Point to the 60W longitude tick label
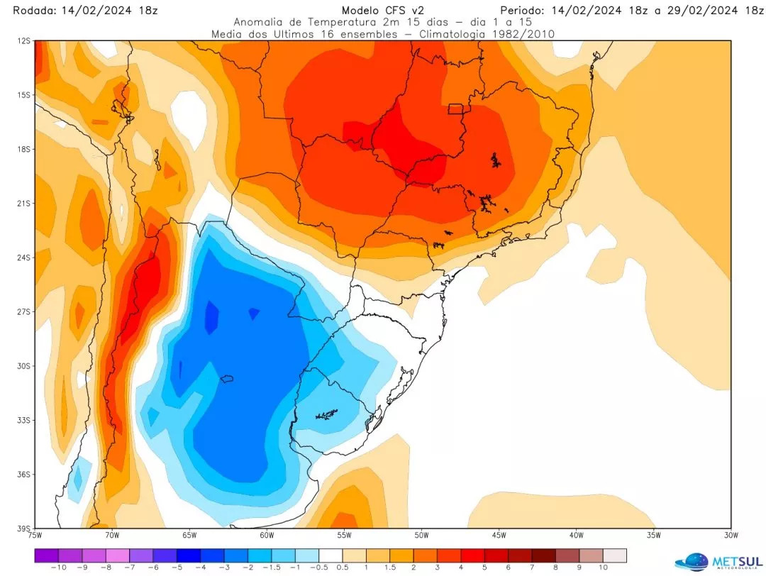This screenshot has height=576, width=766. pyautogui.click(x=266, y=535)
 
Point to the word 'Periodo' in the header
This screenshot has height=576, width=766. pyautogui.click(x=523, y=11)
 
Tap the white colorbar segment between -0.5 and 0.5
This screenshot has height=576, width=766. pyautogui.click(x=331, y=555)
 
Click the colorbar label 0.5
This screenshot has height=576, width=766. pyautogui.click(x=343, y=567)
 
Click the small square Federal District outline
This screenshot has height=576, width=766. pyautogui.click(x=455, y=109)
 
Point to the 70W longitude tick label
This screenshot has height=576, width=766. pyautogui.click(x=111, y=535)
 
